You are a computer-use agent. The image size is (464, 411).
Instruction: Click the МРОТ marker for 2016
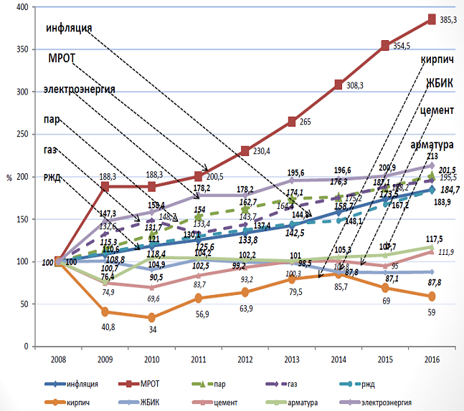432,19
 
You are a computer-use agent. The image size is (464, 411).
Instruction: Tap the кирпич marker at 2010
152,317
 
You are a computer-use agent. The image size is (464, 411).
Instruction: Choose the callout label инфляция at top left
69,29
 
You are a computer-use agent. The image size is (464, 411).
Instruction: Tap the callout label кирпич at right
436,58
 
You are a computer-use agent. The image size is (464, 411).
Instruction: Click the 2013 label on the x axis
292,359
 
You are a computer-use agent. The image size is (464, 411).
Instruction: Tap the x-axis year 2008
59,359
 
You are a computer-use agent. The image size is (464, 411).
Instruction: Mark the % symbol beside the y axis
9,177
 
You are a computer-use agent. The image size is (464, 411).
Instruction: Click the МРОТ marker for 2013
292,122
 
